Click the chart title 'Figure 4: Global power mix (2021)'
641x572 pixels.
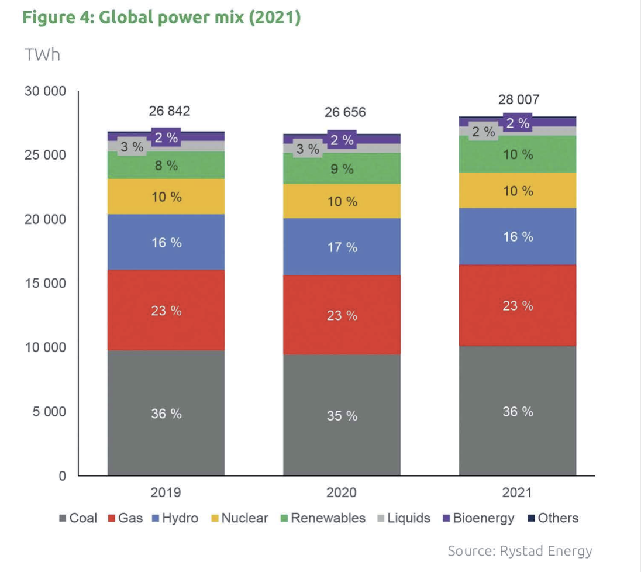[x=161, y=18]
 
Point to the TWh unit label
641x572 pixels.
[x=42, y=56]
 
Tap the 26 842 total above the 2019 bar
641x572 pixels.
[x=170, y=111]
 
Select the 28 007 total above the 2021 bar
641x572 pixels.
[x=519, y=100]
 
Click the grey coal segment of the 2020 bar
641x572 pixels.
[x=342, y=433]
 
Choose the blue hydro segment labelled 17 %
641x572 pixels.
[x=342, y=247]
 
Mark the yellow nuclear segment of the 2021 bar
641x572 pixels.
[x=518, y=191]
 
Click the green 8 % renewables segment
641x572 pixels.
[x=166, y=166]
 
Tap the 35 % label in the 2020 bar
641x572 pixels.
[x=342, y=416]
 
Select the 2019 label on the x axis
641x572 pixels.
[x=166, y=493]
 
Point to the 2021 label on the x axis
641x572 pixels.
[x=518, y=493]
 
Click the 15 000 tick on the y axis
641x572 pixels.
[x=44, y=284]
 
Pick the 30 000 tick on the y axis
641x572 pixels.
[x=44, y=92]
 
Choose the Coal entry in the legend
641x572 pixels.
[x=78, y=518]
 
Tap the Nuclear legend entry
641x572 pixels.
[x=239, y=518]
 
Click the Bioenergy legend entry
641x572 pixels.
[x=478, y=518]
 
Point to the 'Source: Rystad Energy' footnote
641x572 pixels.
[x=520, y=551]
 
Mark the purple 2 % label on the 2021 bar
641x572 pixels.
[x=518, y=123]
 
